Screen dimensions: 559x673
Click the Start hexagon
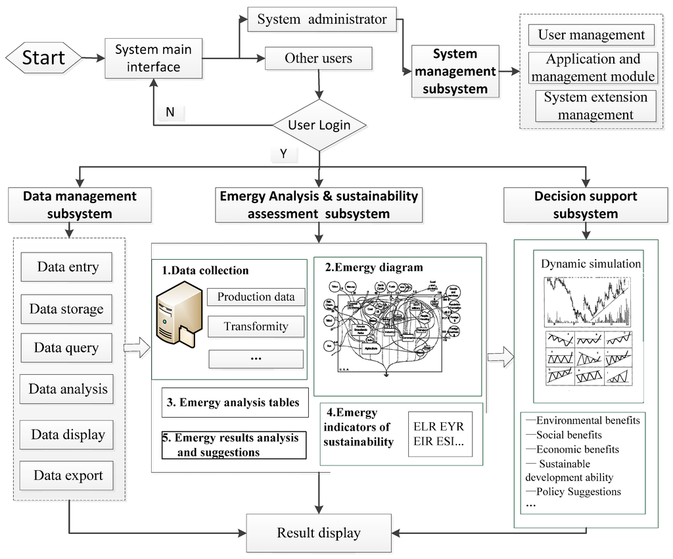point(43,57)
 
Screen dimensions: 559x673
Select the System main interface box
point(152,58)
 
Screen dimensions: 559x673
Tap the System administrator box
point(322,20)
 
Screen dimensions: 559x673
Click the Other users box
point(318,59)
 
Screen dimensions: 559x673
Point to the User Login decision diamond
point(319,125)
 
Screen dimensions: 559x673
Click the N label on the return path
point(170,112)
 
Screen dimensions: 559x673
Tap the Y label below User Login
point(284,154)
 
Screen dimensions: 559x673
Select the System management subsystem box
point(455,72)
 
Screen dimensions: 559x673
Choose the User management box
point(592,35)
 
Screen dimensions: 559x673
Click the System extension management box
point(596,106)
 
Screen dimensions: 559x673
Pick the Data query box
point(66,348)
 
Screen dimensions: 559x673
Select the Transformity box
point(256,326)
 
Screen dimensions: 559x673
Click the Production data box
point(256,297)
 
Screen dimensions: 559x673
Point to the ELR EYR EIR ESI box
point(438,434)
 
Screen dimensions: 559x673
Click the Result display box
point(319,533)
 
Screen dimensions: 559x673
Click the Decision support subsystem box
point(585,205)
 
